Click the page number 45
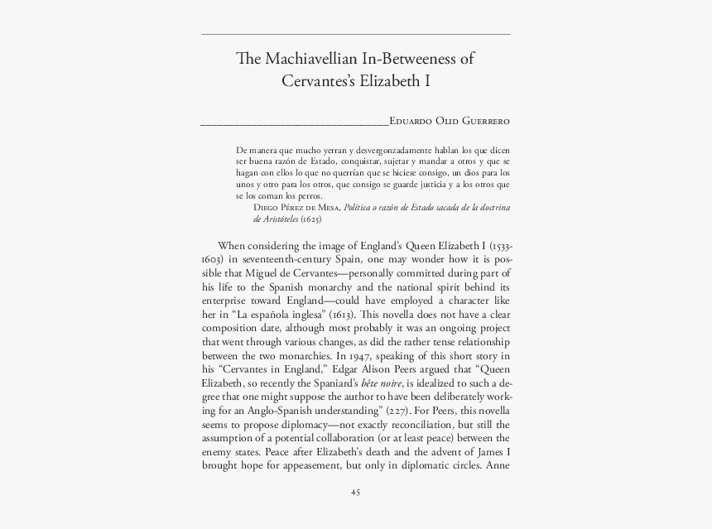tap(355, 493)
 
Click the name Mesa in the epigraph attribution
tap(325, 208)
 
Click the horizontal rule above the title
tap(355, 34)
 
